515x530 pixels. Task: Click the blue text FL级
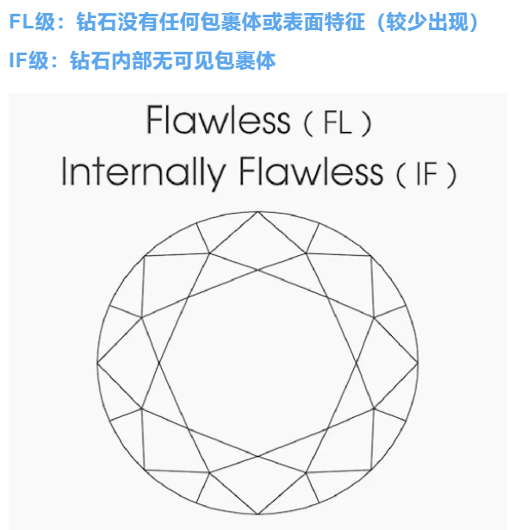pos(32,22)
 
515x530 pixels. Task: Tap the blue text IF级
pos(28,61)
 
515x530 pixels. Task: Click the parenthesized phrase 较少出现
pos(427,22)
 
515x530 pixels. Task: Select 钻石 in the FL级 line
pos(97,22)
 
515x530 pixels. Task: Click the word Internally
pos(144,171)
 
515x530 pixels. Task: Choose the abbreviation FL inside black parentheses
pos(338,122)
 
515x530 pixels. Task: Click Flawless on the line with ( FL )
pos(218,120)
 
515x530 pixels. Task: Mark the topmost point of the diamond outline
pos(257,211)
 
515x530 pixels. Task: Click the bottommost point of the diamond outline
pos(257,514)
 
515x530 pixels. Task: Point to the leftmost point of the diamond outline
pos(97,363)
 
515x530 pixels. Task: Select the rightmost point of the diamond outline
pos(418,363)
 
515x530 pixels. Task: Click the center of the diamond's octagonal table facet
pos(257,363)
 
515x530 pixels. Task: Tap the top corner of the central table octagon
pos(257,270)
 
